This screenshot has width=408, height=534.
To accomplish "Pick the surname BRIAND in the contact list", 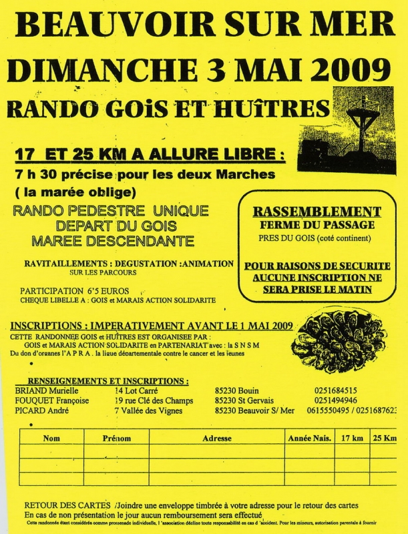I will (32, 390).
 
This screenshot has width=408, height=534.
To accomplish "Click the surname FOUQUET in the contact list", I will (36, 400).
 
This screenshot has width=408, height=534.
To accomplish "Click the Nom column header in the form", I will (51, 439).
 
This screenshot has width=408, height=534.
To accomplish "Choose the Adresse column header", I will (217, 439).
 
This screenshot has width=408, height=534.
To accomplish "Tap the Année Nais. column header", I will (309, 439).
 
